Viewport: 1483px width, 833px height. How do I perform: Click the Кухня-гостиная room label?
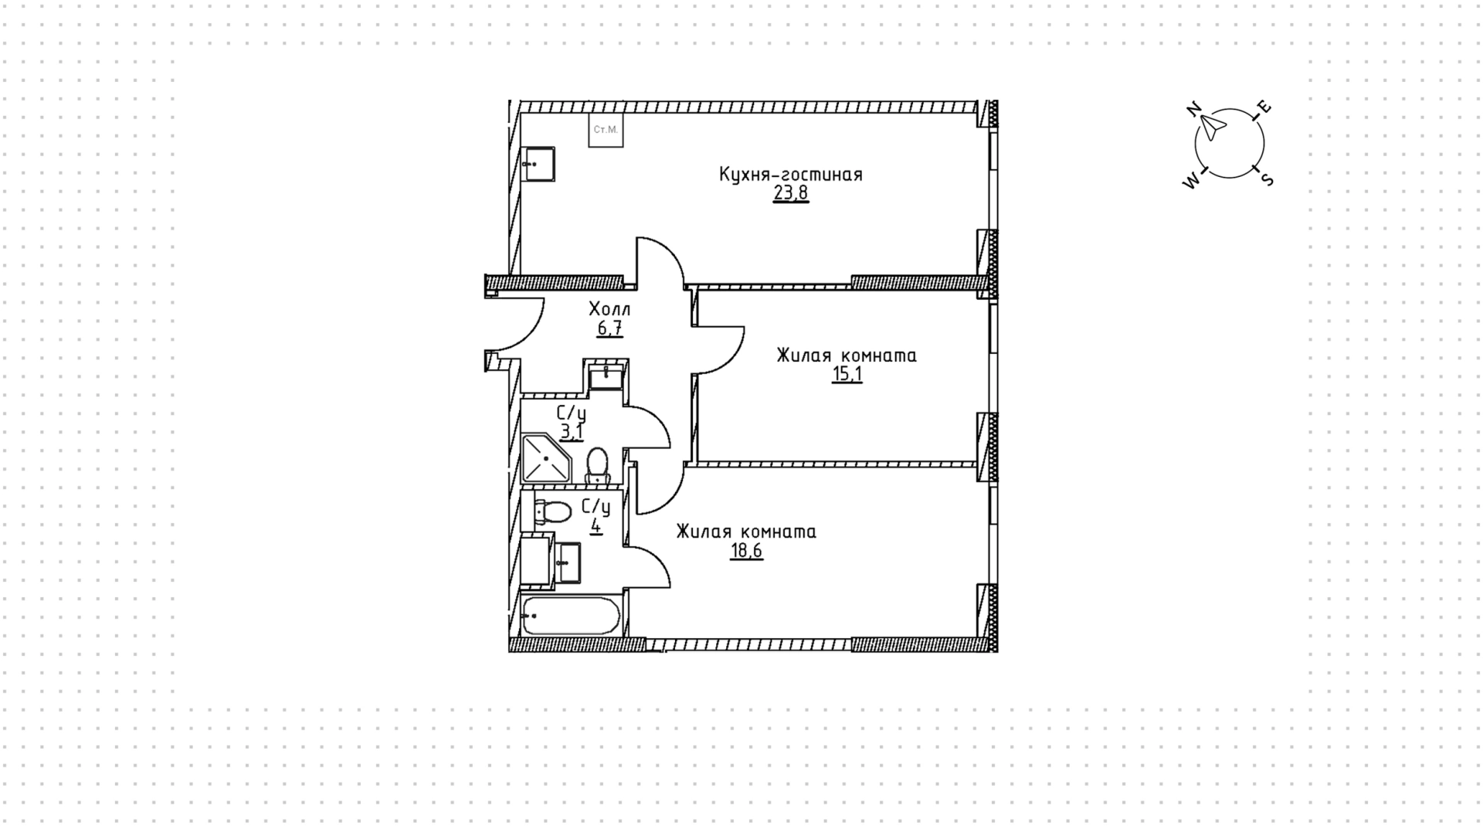click(790, 175)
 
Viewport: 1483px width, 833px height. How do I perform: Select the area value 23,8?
click(791, 192)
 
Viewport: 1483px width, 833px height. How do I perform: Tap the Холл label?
click(609, 309)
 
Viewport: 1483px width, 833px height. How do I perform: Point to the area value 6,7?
click(609, 328)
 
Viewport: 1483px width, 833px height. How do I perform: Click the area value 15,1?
click(847, 375)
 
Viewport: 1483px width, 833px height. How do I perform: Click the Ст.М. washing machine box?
click(606, 130)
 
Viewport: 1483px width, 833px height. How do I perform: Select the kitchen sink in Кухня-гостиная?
click(538, 164)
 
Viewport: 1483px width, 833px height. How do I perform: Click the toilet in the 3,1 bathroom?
click(598, 465)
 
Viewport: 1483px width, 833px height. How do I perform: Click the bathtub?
click(571, 615)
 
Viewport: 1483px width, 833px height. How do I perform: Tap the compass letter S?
click(1266, 179)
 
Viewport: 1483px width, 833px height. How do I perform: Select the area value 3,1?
click(572, 432)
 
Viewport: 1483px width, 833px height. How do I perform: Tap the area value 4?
click(596, 526)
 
